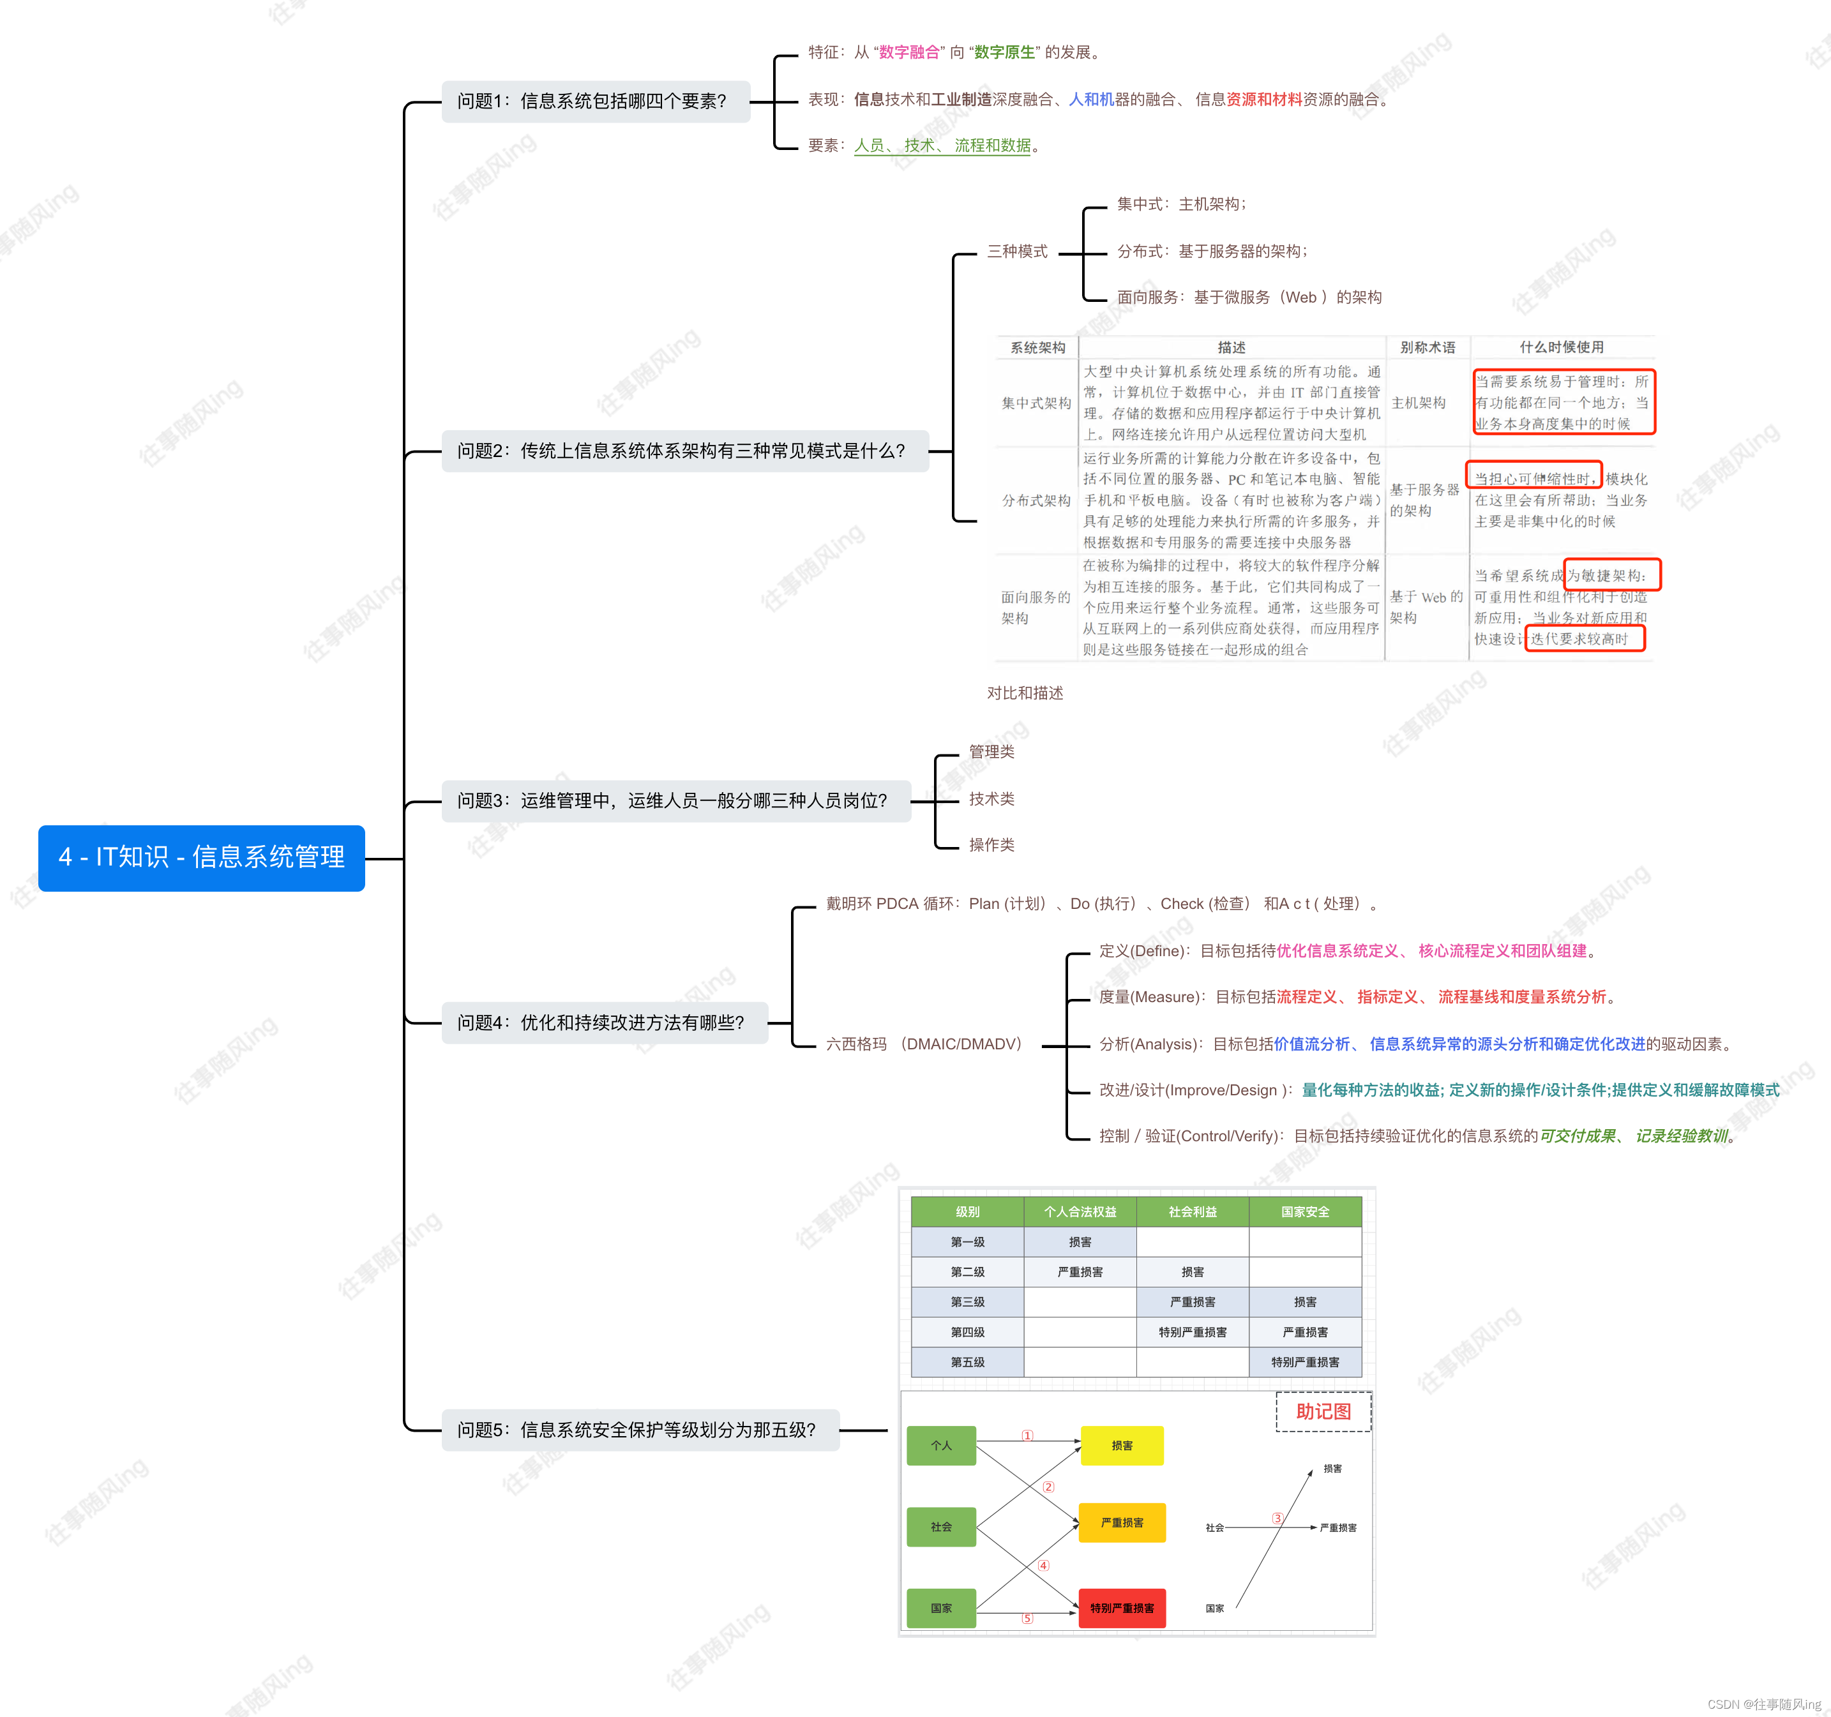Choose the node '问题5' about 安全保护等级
(639, 1430)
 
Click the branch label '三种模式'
(1017, 251)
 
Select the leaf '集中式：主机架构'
(1180, 204)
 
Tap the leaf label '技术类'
(991, 799)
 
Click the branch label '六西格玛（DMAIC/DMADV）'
(924, 1044)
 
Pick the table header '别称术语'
(1428, 347)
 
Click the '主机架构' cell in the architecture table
(1419, 403)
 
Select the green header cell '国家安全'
(1305, 1211)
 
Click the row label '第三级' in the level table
(967, 1301)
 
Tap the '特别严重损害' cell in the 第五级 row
(1305, 1361)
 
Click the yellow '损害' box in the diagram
(1122, 1446)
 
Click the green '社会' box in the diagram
(941, 1526)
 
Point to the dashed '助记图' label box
(1323, 1411)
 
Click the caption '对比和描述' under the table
(1025, 693)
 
